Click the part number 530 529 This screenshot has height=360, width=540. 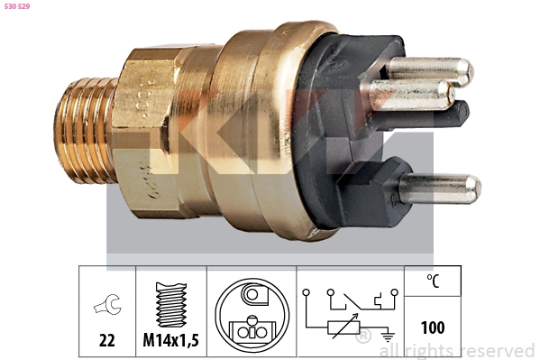pyautogui.click(x=21, y=8)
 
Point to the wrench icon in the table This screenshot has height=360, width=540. pyautogui.click(x=106, y=307)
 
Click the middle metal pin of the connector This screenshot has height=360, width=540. pyautogui.click(x=415, y=93)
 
